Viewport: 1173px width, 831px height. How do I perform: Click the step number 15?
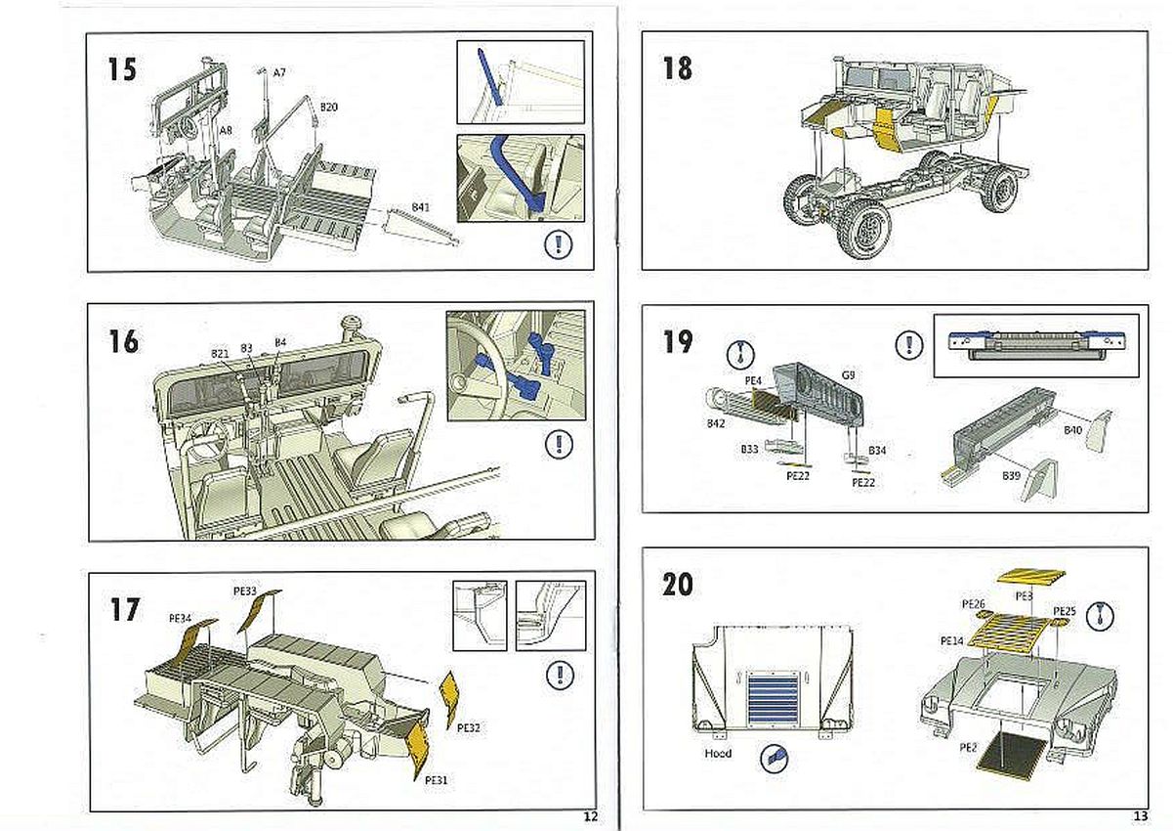tap(123, 70)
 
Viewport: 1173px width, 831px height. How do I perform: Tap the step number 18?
tap(677, 68)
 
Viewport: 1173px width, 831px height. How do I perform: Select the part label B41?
tap(421, 207)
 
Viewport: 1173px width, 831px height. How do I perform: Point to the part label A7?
tap(279, 72)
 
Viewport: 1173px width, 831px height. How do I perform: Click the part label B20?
tap(329, 106)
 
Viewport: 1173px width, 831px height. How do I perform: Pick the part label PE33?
tap(244, 591)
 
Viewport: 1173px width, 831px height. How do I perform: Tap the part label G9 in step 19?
tap(849, 373)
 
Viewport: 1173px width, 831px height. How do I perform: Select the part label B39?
tap(1011, 475)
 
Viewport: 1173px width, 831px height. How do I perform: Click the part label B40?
tap(1073, 430)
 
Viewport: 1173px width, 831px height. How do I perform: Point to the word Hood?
tap(719, 754)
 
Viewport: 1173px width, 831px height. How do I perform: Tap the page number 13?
tap(1140, 817)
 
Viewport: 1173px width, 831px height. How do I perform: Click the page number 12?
tap(589, 817)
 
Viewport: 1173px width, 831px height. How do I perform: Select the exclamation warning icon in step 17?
tap(559, 675)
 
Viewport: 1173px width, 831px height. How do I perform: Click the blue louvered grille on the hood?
tap(777, 698)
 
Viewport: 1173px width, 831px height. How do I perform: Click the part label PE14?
tap(952, 640)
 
